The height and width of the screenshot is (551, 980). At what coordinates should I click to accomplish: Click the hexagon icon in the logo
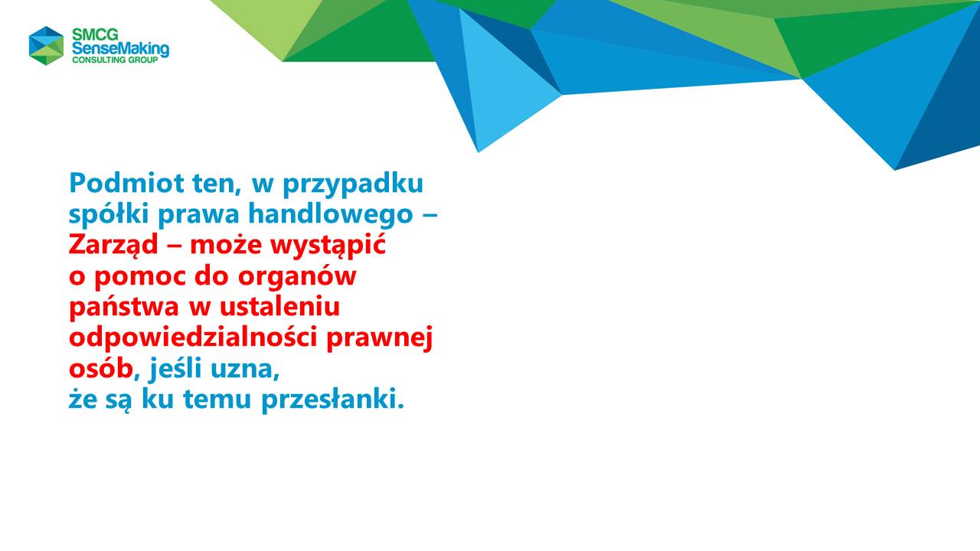tap(47, 45)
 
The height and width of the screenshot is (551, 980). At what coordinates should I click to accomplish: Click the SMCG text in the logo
tap(95, 34)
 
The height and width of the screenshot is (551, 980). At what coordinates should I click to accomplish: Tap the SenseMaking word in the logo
tap(120, 49)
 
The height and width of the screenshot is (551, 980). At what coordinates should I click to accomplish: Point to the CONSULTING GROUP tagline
tap(115, 60)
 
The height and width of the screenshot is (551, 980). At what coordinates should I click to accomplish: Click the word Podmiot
tap(127, 183)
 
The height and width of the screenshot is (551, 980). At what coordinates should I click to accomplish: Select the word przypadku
tap(353, 185)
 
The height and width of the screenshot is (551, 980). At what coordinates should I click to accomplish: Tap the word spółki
tap(109, 215)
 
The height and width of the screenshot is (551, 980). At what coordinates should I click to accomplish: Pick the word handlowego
tap(331, 215)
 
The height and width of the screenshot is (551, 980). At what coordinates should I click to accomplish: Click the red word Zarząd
tap(113, 246)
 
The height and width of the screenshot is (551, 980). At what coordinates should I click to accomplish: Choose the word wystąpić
tap(328, 246)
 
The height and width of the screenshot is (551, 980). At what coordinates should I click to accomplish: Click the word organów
tap(297, 277)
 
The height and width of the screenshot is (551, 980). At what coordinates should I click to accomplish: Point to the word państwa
tap(124, 307)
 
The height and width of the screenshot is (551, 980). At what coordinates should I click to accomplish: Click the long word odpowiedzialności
tap(193, 338)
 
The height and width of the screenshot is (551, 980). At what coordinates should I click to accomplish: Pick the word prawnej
tap(380, 338)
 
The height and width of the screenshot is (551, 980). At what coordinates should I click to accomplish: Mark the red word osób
tap(101, 369)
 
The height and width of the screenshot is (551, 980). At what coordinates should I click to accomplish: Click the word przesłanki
tap(333, 399)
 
